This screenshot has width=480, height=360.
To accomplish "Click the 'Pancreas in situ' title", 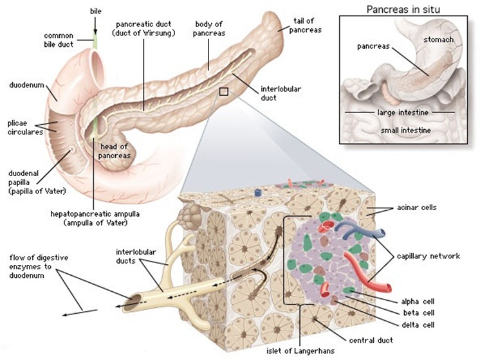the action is (403, 10).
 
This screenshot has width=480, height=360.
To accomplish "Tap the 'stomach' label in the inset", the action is (438, 39).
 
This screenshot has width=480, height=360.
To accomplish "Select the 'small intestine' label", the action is (405, 130).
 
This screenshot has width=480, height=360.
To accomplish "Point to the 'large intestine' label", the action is (403, 113).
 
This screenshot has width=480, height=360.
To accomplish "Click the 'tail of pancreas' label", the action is (305, 25).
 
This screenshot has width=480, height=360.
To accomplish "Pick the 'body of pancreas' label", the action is (209, 28).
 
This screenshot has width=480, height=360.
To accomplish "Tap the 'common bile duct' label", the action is (59, 40).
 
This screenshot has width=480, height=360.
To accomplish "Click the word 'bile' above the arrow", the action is (95, 12).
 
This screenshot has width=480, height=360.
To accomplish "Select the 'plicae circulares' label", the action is (25, 128).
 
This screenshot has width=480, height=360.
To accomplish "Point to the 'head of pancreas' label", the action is (114, 151).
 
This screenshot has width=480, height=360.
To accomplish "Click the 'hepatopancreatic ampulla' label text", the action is (95, 214).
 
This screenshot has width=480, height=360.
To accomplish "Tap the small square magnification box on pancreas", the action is (224, 92).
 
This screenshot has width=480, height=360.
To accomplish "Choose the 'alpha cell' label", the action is (418, 301).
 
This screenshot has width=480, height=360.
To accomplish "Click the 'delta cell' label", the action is (418, 325).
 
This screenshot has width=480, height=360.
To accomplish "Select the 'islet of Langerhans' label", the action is (300, 350).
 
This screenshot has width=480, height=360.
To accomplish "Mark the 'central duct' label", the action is (371, 340).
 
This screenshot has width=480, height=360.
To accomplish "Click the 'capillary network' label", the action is (429, 256).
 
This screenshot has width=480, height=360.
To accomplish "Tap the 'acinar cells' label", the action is (417, 208).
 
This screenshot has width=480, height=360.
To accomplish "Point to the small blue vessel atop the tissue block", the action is (259, 193).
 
